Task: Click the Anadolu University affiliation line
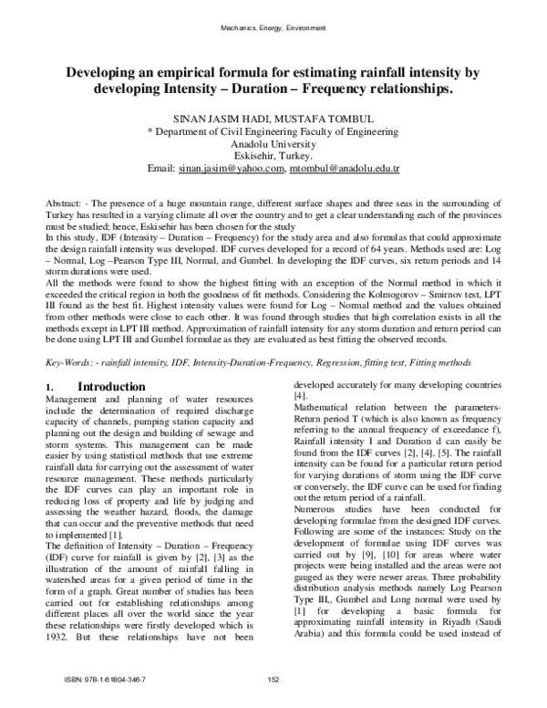(x=273, y=144)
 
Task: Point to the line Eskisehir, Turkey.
(x=273, y=157)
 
